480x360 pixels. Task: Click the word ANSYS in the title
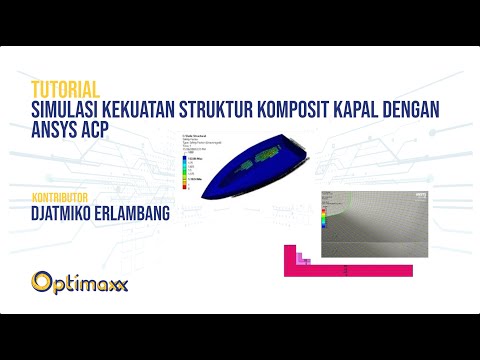pyautogui.click(x=56, y=128)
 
